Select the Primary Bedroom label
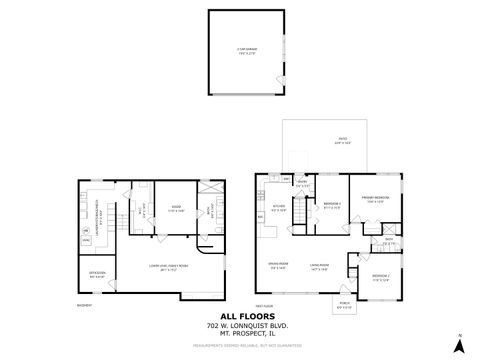pyautogui.click(x=375, y=199)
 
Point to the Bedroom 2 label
pyautogui.click(x=333, y=205)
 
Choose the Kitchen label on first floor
pyautogui.click(x=280, y=209)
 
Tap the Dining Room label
pyautogui.click(x=277, y=265)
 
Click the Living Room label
pyautogui.click(x=320, y=265)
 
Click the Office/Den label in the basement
pyautogui.click(x=98, y=273)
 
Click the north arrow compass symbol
pyautogui.click(x=459, y=345)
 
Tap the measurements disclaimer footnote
pyautogui.click(x=240, y=348)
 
